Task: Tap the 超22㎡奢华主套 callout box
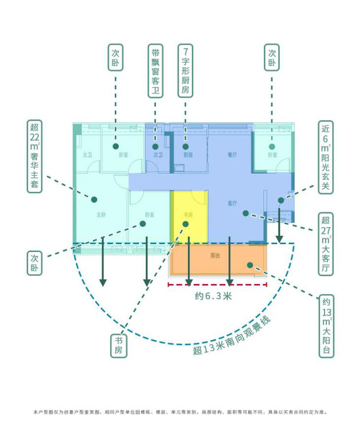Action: point(35,156)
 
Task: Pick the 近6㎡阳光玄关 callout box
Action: point(325,157)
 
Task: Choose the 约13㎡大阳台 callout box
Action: point(326,326)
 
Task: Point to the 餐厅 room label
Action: point(232,155)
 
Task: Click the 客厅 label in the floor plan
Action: point(232,204)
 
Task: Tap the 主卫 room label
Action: point(87,155)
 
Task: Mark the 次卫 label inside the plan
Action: point(158,155)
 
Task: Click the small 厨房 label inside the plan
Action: point(188,155)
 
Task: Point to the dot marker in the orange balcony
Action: point(249,265)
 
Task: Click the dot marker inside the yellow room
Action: point(186,224)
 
